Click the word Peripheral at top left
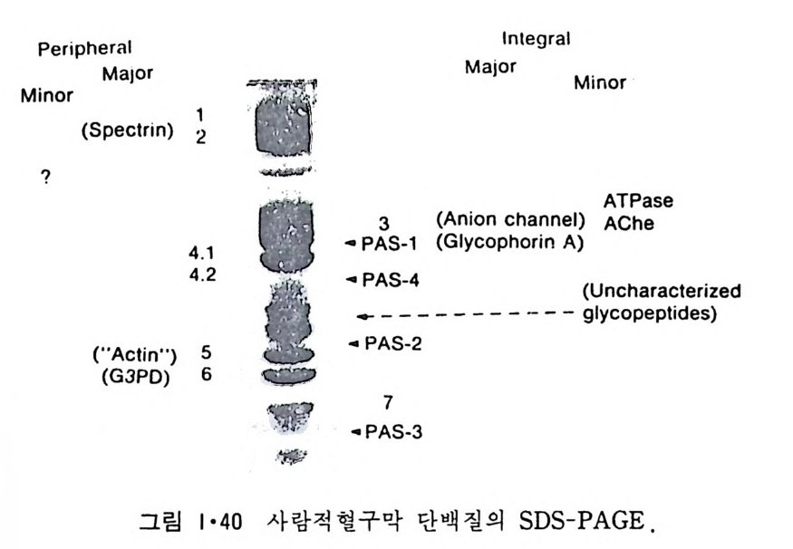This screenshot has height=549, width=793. (x=85, y=48)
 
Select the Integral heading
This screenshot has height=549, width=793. (x=537, y=39)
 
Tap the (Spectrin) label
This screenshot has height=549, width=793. (x=127, y=130)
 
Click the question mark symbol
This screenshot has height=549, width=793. (x=44, y=178)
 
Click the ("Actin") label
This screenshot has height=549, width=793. (x=133, y=352)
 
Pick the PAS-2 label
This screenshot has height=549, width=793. (x=392, y=344)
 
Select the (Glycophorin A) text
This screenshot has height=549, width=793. (x=508, y=242)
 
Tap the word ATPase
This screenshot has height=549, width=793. (x=639, y=200)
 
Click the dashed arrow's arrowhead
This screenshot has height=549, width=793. (x=361, y=316)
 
